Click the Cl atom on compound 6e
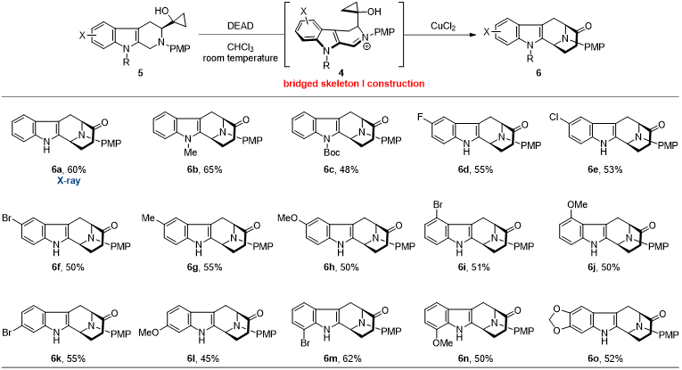551,115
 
